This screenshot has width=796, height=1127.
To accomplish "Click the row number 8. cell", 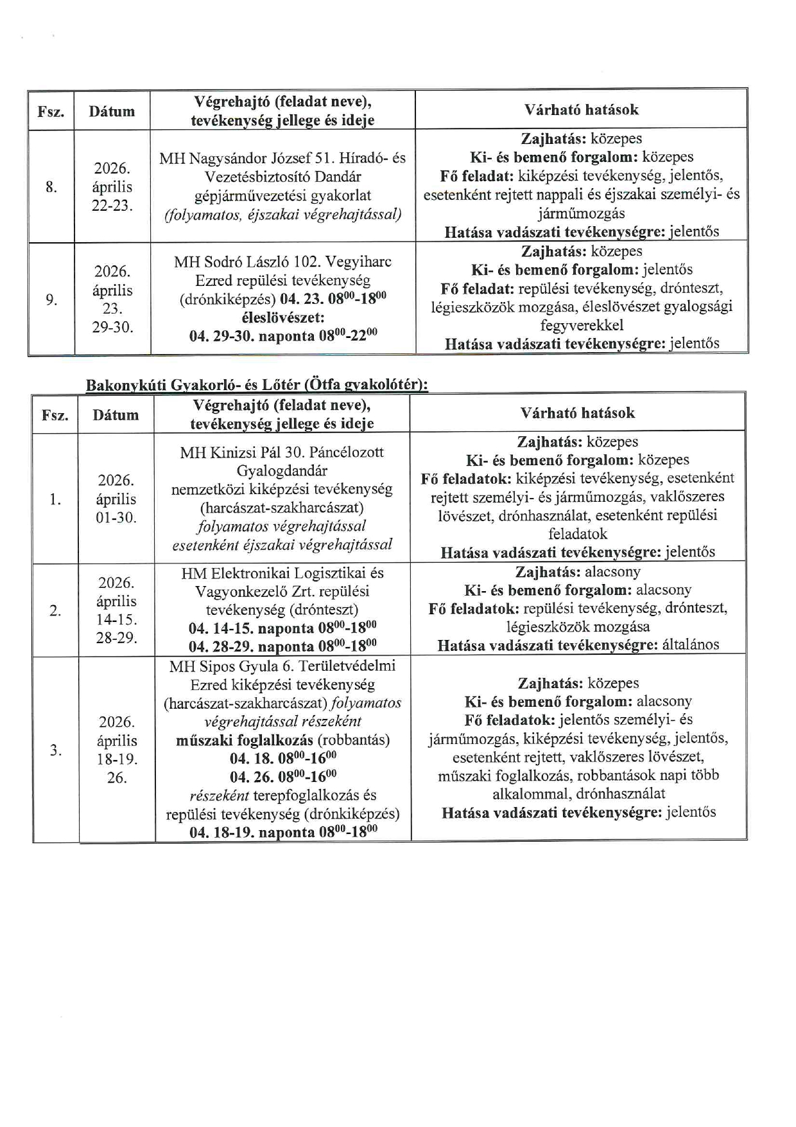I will pos(51,187).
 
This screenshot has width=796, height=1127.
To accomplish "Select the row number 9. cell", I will pos(51,299).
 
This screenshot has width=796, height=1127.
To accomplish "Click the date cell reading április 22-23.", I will pos(112,188).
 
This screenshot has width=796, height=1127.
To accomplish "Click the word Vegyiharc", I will pos(358,262).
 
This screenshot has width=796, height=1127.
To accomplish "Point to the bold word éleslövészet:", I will pos(283,317).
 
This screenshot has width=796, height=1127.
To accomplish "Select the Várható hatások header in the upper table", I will pos(582,110).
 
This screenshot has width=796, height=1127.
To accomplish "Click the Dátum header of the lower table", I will pos(116,415).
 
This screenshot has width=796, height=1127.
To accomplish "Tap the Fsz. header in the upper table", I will pos(51,112).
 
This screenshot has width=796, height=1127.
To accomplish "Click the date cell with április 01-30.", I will pos(116,499).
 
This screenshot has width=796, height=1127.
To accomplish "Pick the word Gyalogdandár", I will pos(282,470).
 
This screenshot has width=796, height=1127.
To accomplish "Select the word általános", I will pos(691,645).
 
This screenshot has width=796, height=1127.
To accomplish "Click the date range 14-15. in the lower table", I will pos(116,620).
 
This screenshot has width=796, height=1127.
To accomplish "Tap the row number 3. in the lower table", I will pos(56,750).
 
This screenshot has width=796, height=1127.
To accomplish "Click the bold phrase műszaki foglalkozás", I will pos(245,740).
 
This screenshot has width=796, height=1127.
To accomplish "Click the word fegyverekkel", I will pos(582,325).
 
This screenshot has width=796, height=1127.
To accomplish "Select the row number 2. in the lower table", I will pos(56,610).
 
